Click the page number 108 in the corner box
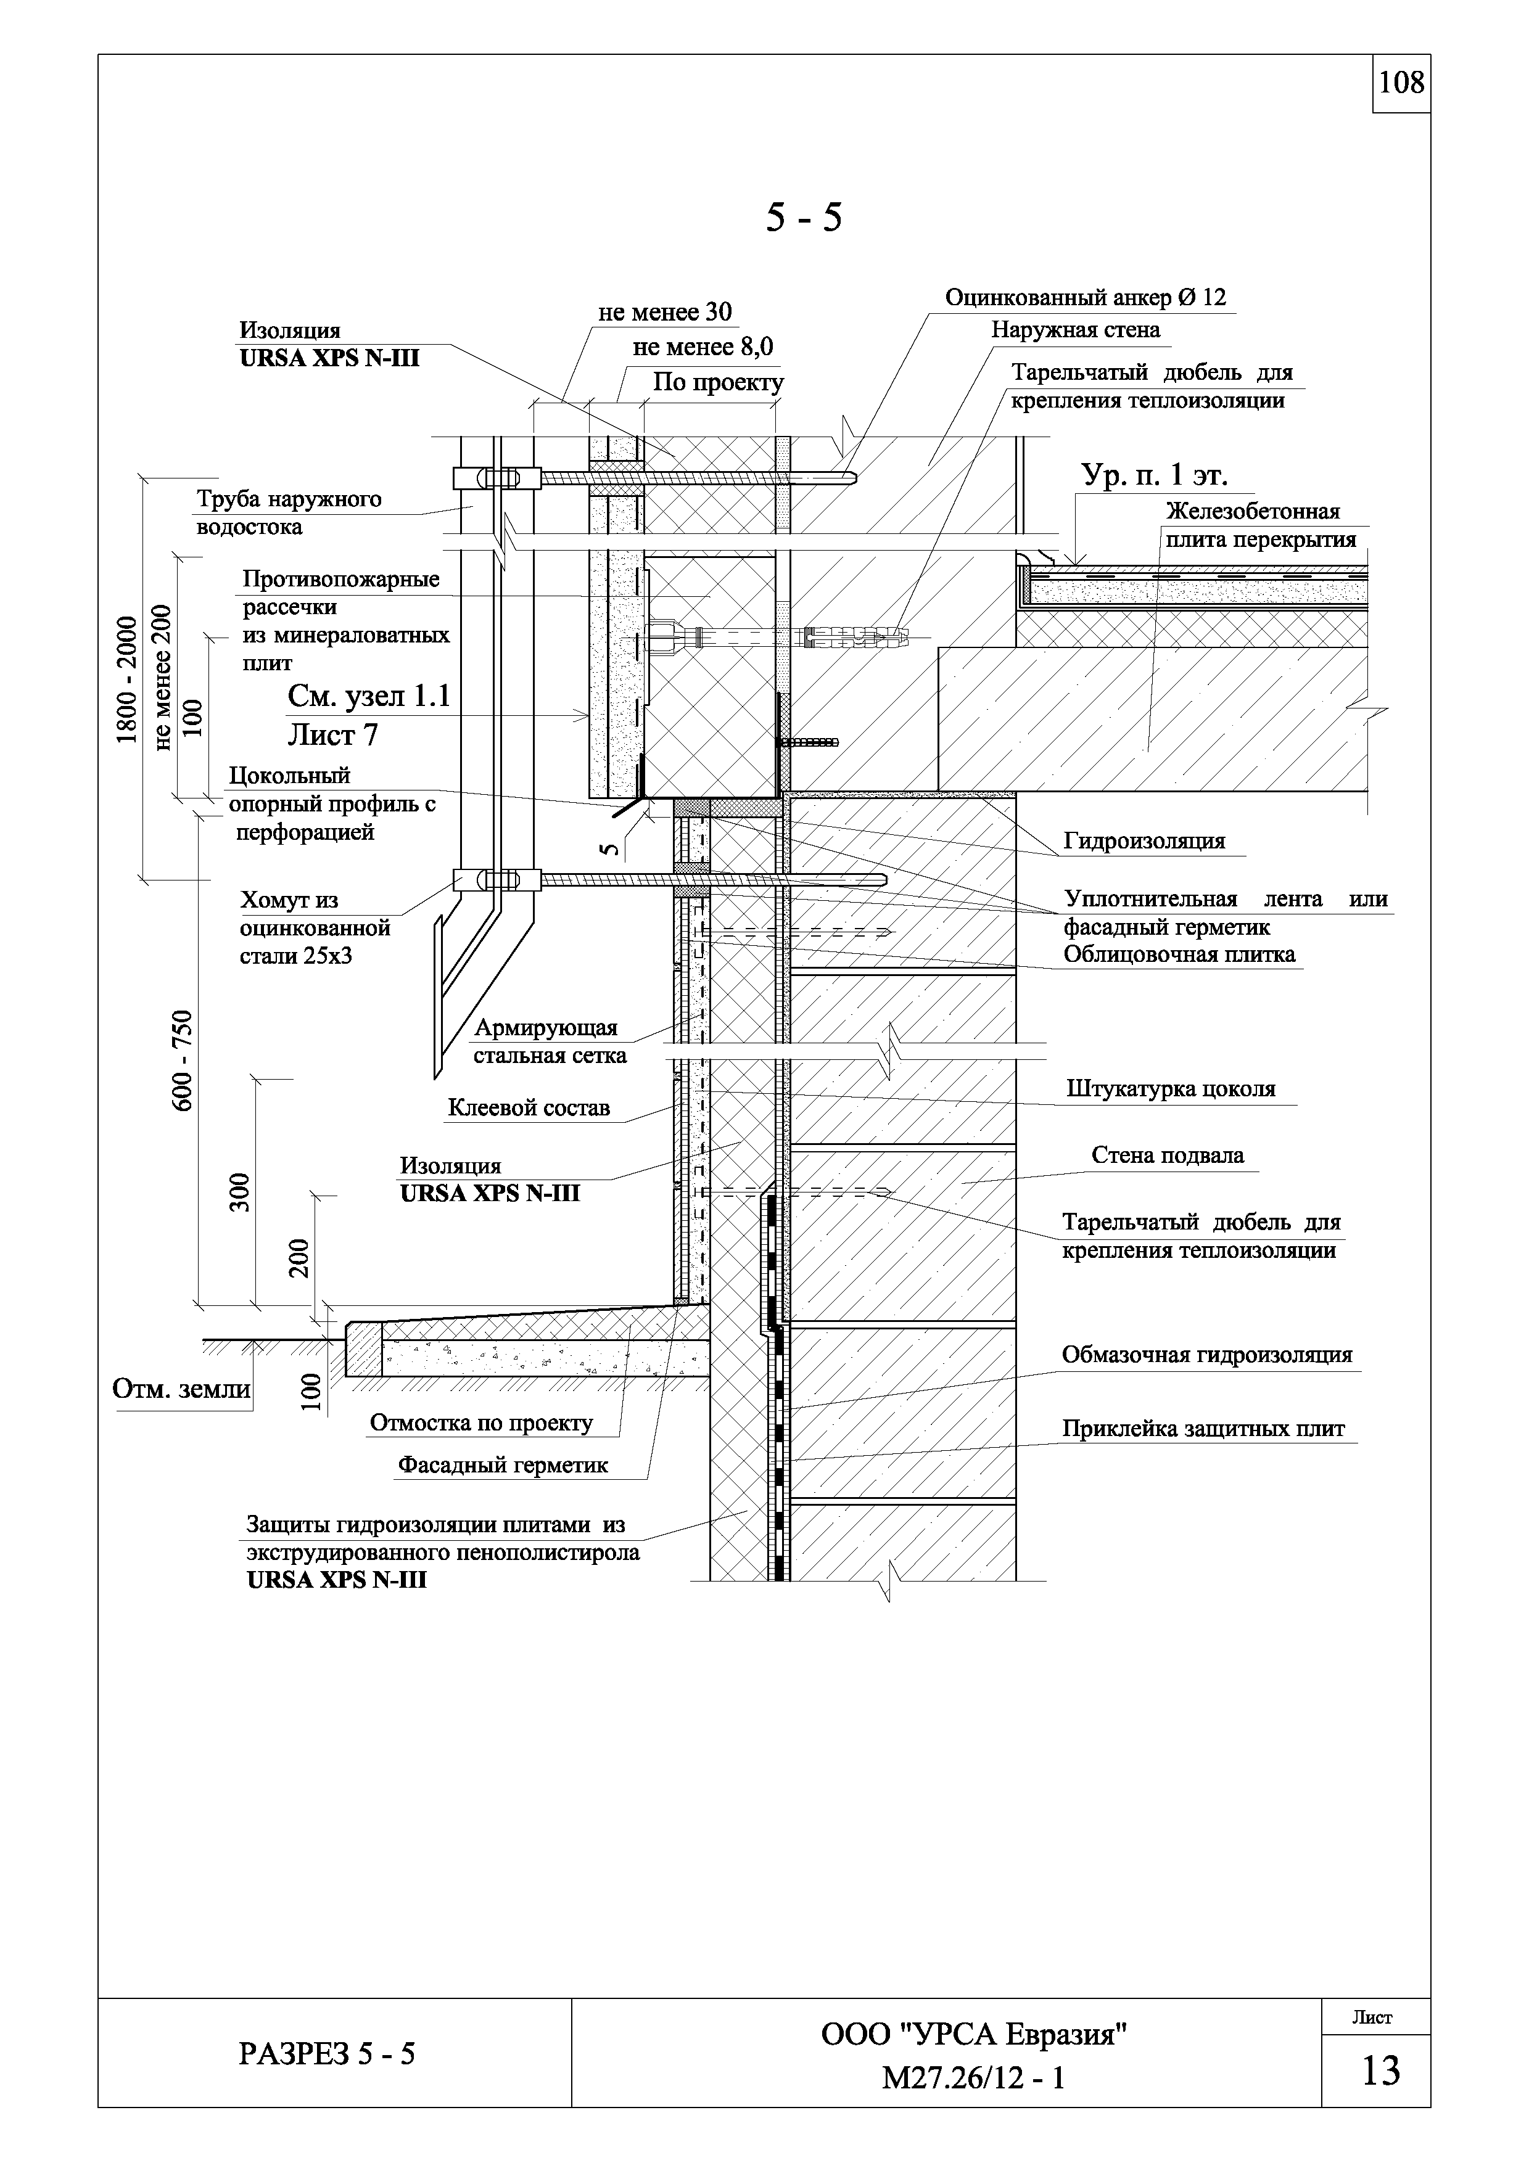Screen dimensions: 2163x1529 click(1402, 84)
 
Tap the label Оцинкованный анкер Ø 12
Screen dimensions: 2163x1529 click(1086, 298)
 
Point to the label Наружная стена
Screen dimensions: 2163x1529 click(1075, 330)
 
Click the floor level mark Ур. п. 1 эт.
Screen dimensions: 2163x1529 click(1153, 476)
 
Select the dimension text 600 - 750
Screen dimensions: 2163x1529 click(182, 1060)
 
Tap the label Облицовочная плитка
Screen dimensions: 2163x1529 click(1179, 954)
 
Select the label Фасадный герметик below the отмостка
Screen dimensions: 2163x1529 click(502, 1465)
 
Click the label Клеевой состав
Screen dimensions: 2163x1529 click(529, 1108)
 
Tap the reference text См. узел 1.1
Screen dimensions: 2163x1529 click(368, 697)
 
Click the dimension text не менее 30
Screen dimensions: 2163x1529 click(664, 312)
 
